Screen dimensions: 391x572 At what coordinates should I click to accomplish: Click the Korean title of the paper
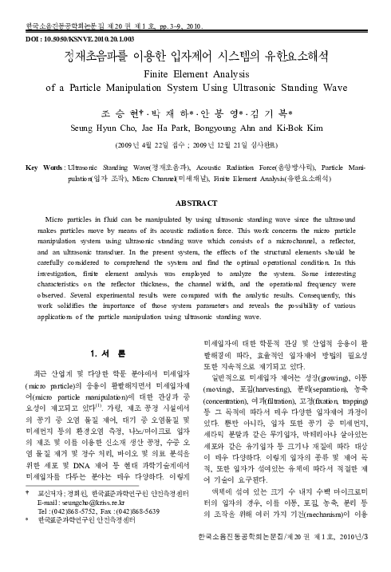tap(196, 55)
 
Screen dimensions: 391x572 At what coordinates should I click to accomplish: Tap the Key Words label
tap(45, 147)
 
